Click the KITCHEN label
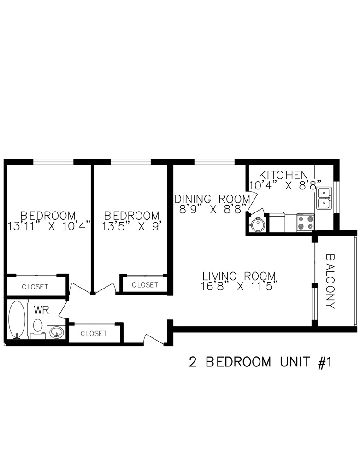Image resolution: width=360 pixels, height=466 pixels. coord(283,175)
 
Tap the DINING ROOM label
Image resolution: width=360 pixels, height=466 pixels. coord(212,199)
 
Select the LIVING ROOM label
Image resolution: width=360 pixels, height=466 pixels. coord(239,276)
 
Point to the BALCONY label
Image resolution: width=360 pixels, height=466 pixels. coord(330,281)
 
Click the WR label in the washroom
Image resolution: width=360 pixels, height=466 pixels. coord(41,310)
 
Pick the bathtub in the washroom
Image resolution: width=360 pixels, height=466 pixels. coord(17,320)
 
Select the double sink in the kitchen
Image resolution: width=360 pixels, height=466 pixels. coord(324,198)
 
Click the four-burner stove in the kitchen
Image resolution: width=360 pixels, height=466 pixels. coord(305,222)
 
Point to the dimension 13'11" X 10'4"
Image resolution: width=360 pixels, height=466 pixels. coord(48,226)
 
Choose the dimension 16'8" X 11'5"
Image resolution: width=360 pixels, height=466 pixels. coord(239,287)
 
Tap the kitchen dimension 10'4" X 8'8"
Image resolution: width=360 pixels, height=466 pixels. coord(285,185)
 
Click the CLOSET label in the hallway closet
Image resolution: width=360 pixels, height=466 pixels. coord(94,333)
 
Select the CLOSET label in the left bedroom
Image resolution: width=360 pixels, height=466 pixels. coord(35,287)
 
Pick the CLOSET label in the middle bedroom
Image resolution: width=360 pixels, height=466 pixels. coord(145,285)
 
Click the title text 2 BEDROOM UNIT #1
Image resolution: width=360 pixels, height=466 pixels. coord(260,362)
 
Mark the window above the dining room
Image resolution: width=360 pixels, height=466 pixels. coord(215,162)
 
